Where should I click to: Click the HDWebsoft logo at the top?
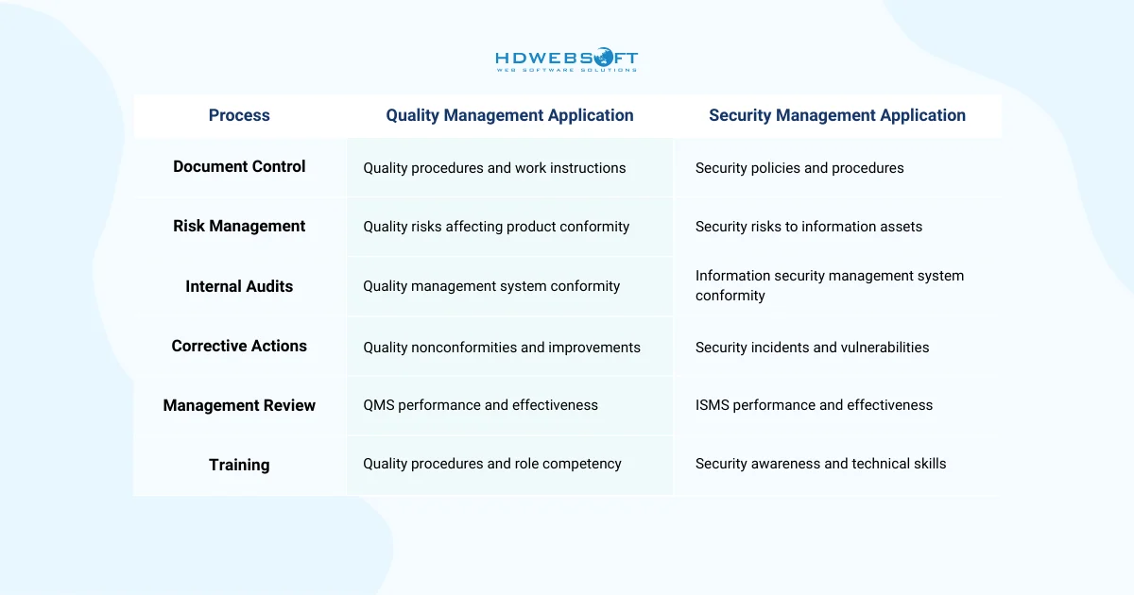pyautogui.click(x=566, y=60)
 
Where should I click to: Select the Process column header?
pyautogui.click(x=239, y=115)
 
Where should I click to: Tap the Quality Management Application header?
pyautogui.click(x=509, y=115)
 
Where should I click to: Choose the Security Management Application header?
pyautogui.click(x=837, y=115)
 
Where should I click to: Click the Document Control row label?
pyautogui.click(x=239, y=166)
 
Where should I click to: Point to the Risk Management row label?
pyautogui.click(x=239, y=226)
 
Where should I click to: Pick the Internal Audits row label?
pyautogui.click(x=239, y=286)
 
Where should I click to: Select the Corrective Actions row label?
pyautogui.click(x=239, y=346)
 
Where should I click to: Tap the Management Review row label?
pyautogui.click(x=239, y=405)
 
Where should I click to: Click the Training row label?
pyautogui.click(x=239, y=465)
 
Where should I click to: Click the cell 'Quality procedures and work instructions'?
pyautogui.click(x=494, y=168)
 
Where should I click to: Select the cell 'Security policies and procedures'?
pyautogui.click(x=799, y=168)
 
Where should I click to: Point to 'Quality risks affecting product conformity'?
pyautogui.click(x=496, y=227)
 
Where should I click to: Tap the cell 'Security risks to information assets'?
pyautogui.click(x=809, y=227)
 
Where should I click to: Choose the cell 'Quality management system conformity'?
pyautogui.click(x=491, y=286)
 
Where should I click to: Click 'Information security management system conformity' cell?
pyautogui.click(x=830, y=285)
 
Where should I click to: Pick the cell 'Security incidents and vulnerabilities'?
pyautogui.click(x=812, y=348)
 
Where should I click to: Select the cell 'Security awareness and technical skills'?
pyautogui.click(x=820, y=464)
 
